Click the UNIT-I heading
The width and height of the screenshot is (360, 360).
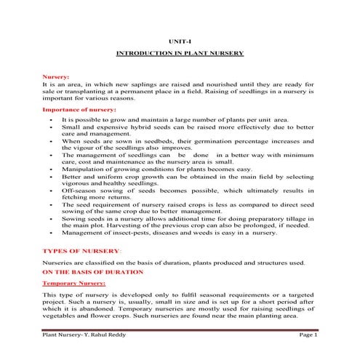[180, 42]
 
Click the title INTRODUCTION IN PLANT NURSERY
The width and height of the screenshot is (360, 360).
[180, 55]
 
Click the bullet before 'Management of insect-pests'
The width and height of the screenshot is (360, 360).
[49, 233]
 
